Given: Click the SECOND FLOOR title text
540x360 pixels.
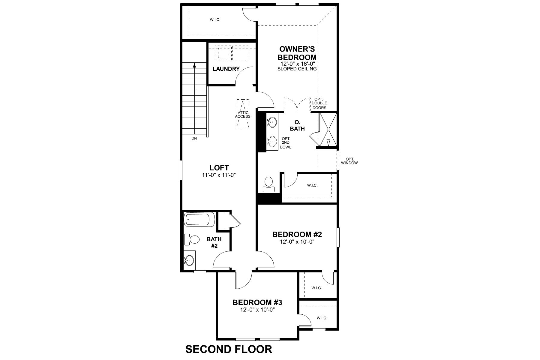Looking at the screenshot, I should coord(229,349).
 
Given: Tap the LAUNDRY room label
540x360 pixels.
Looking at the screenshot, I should coord(226,69).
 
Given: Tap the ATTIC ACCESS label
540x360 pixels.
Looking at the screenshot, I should coord(243,114).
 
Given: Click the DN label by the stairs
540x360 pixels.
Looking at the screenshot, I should coord(194,139).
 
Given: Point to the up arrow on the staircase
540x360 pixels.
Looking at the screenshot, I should coord(195,65).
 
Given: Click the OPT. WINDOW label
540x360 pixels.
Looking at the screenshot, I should coord(349,161).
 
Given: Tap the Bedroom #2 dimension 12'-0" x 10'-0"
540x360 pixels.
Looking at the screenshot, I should coord(297,242).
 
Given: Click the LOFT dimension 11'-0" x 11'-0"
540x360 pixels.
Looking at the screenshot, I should coord(219,175).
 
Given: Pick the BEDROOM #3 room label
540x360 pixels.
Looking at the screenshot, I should coord(257,302).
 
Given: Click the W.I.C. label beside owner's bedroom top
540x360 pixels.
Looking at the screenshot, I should coord(215,20).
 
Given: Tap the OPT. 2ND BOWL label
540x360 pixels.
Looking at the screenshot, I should coord(285,143).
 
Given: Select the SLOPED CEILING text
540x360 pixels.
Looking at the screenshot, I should coord(297,69).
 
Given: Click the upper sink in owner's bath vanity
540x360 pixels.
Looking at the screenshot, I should coord(272,122).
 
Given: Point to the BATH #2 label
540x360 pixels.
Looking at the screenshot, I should coord(214,242).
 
